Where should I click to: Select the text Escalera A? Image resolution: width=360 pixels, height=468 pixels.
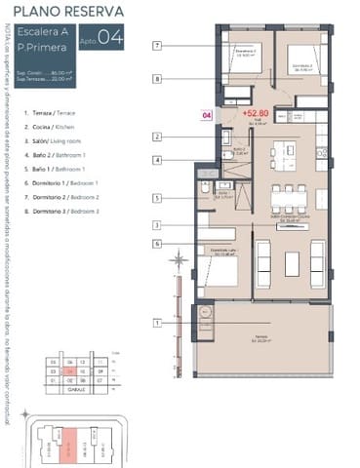coord(44,36)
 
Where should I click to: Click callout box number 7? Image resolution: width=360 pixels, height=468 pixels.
coord(157,45)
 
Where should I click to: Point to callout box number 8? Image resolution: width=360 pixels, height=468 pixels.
coord(157,79)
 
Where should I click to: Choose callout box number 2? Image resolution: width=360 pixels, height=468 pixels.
coord(157,136)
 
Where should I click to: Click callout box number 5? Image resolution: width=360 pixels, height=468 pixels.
coord(157,199)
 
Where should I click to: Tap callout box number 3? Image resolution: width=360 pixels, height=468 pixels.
coord(157,225)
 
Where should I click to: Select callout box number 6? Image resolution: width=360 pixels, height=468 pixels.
coord(157,243)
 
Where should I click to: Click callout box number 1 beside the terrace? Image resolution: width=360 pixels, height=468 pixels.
coord(157,323)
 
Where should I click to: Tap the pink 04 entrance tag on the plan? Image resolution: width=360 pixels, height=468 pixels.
coord(206,115)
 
